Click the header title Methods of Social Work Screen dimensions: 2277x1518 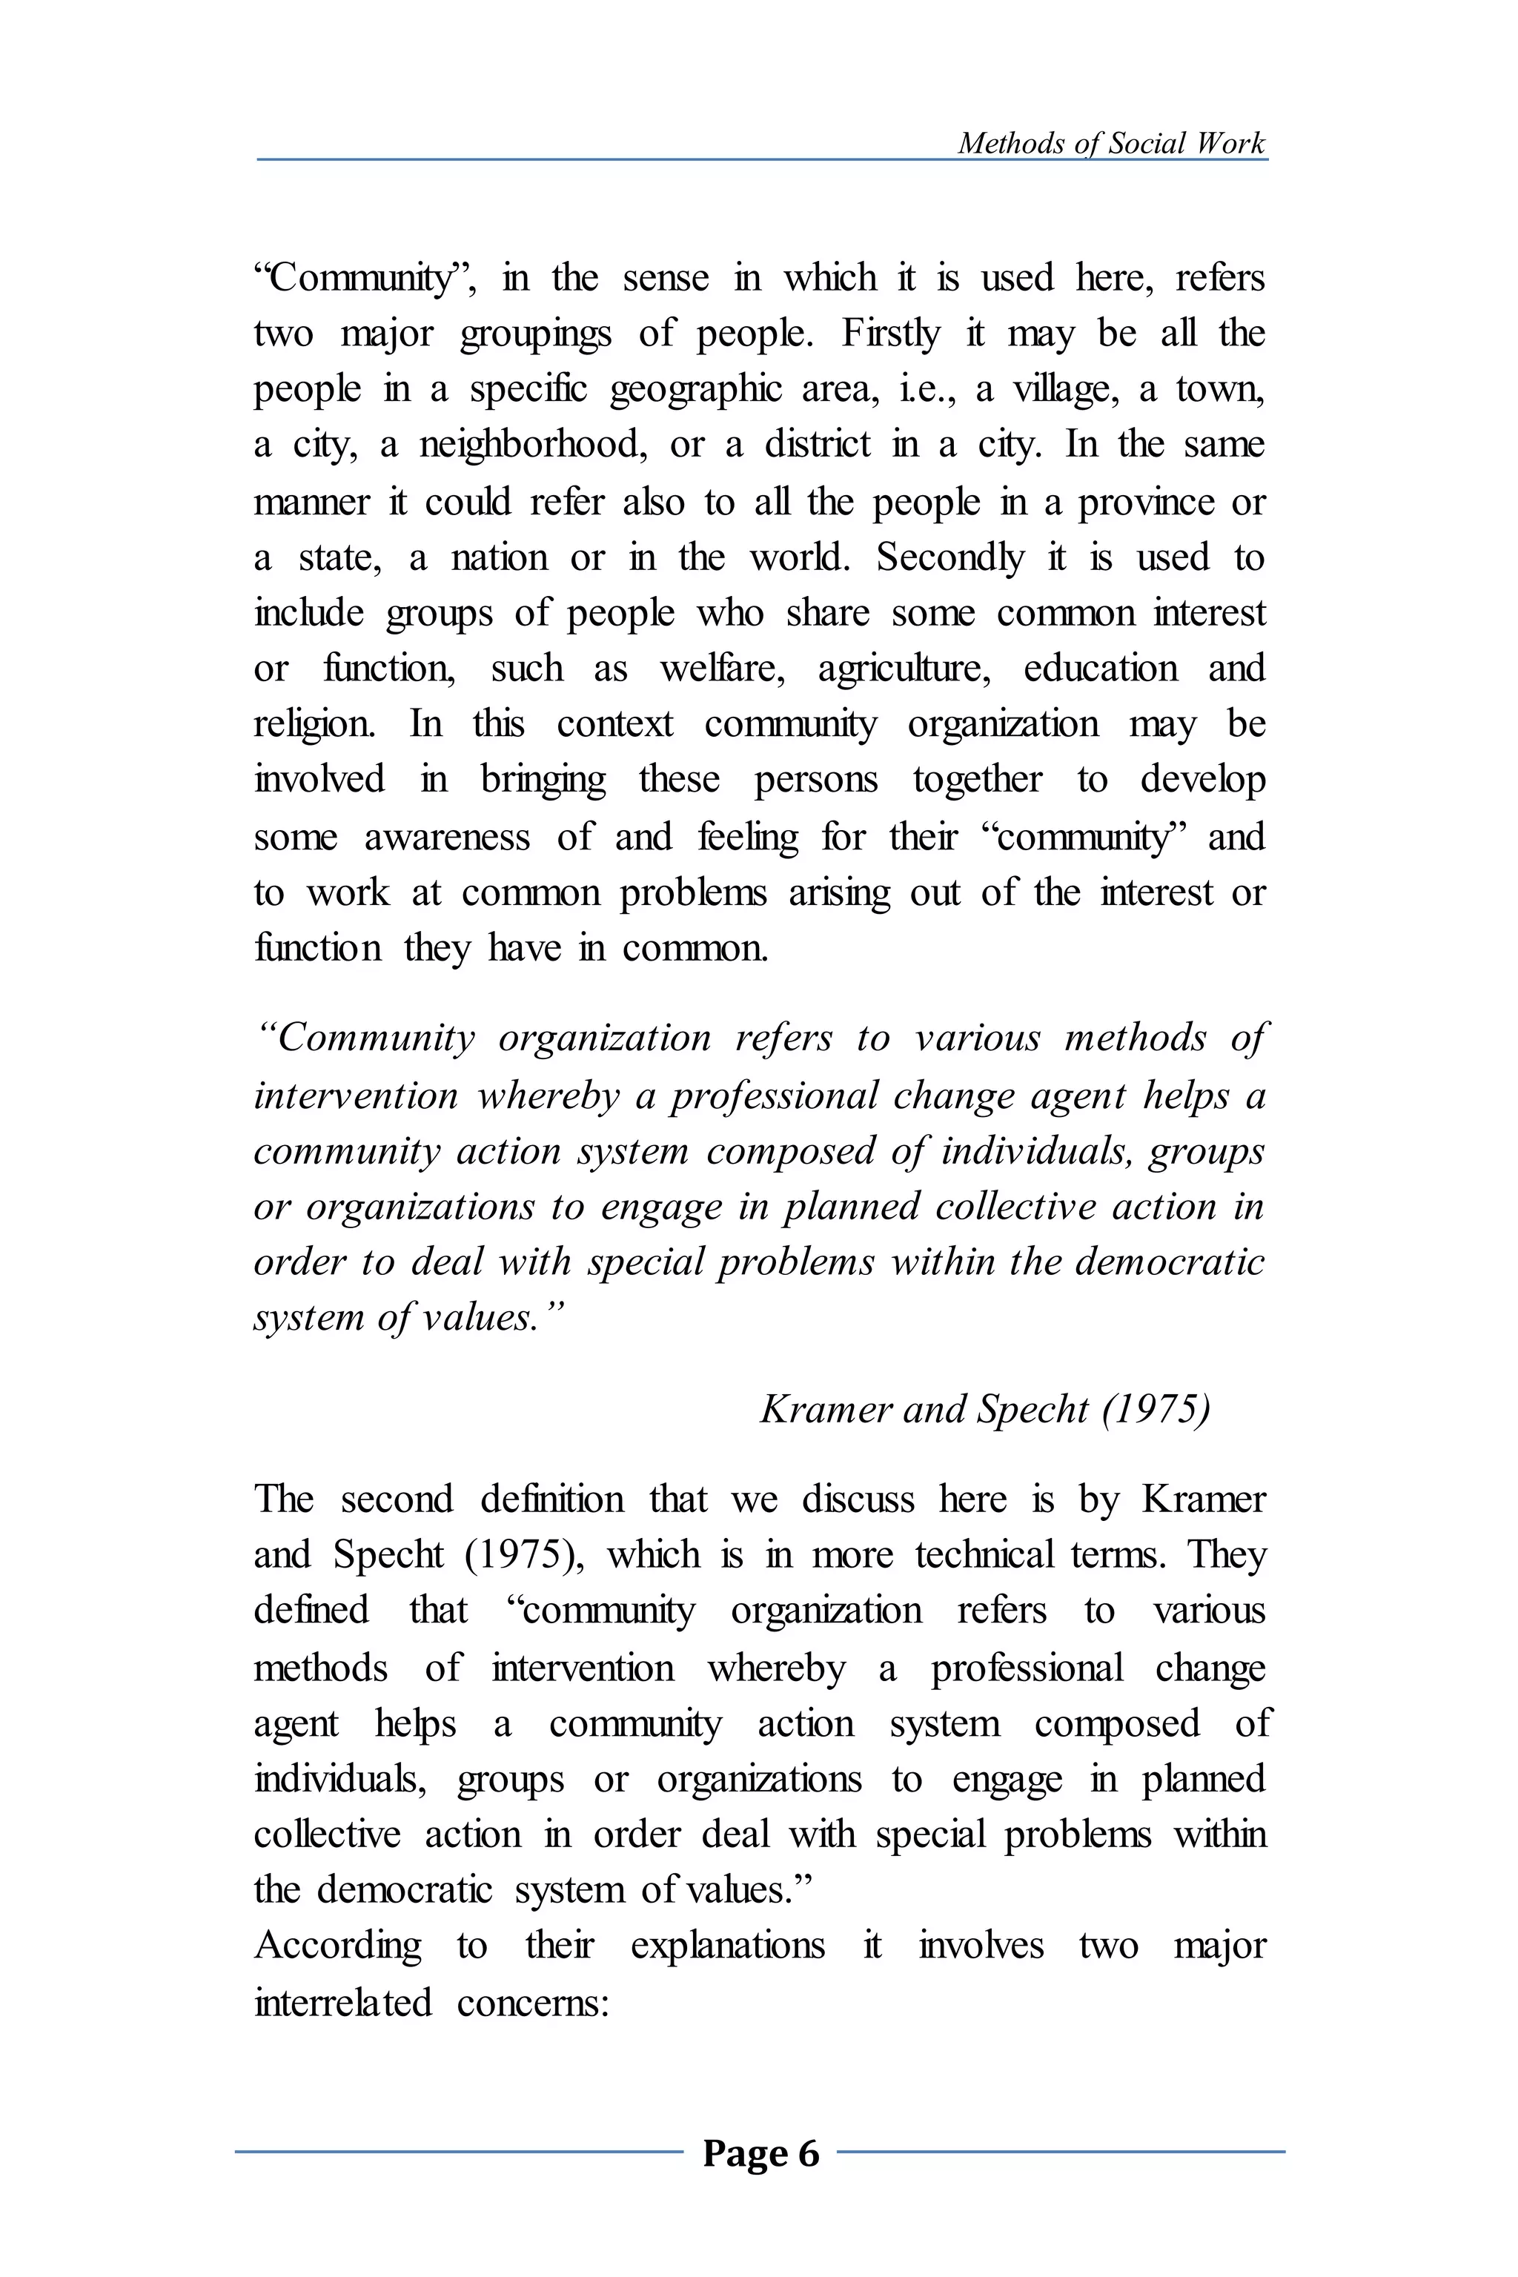[1110, 143]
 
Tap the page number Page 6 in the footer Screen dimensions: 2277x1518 [761, 2153]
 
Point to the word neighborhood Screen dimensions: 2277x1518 [531, 445]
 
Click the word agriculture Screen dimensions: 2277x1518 [904, 669]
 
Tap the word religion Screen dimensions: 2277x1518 [314, 725]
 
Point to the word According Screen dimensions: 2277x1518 [338, 1945]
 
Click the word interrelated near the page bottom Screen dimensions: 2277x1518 [342, 2002]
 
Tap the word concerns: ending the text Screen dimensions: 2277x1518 [532, 2002]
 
